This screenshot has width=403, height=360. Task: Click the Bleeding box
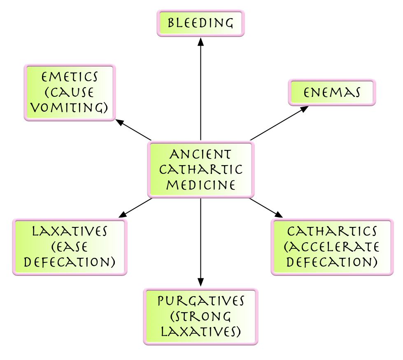pyautogui.click(x=200, y=23)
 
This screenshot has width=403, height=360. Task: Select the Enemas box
pyautogui.click(x=332, y=92)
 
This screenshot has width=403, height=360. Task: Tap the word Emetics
pyautogui.click(x=70, y=77)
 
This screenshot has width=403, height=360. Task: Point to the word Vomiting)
pyautogui.click(x=70, y=108)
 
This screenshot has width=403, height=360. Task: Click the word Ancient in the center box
pyautogui.click(x=200, y=154)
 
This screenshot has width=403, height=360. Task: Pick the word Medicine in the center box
pyautogui.click(x=201, y=185)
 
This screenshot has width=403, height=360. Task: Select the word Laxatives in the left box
pyautogui.click(x=70, y=231)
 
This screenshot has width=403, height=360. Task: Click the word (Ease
pyautogui.click(x=70, y=247)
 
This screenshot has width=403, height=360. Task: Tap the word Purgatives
pyautogui.click(x=201, y=301)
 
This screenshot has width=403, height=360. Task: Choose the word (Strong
pyautogui.click(x=201, y=316)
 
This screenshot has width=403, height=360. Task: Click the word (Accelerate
pyautogui.click(x=332, y=246)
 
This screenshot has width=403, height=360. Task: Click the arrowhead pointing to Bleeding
pyautogui.click(x=201, y=41)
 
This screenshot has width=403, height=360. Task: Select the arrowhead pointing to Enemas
pyautogui.click(x=305, y=109)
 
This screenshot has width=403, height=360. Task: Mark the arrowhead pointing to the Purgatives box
pyautogui.click(x=201, y=283)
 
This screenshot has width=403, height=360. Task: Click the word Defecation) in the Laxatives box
pyautogui.click(x=70, y=262)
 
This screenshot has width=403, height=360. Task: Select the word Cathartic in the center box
pyautogui.click(x=201, y=170)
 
